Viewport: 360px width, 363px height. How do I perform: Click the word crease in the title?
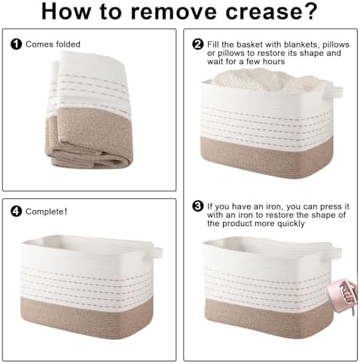[263, 12]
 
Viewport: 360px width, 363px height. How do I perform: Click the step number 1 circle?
[17, 44]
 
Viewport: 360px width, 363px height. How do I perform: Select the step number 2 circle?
[198, 44]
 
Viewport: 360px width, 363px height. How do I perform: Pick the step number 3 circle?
[198, 206]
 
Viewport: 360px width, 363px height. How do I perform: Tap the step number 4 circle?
[17, 212]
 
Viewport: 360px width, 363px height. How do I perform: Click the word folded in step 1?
[68, 44]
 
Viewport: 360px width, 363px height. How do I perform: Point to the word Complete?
[45, 212]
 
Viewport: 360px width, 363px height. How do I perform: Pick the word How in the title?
[66, 12]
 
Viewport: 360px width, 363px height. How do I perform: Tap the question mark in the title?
[311, 11]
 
